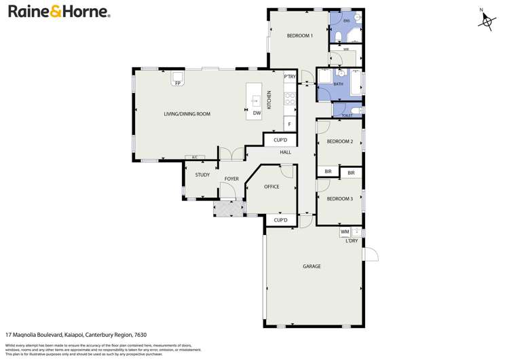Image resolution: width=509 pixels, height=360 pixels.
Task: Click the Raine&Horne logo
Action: pos(59,12)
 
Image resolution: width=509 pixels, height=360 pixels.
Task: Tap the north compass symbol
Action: pos(486,22)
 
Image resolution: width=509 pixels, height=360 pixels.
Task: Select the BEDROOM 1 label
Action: pos(299,36)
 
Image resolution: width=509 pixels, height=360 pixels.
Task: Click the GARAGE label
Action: pos(312,266)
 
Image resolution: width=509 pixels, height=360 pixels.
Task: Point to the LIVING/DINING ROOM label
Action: pos(187,114)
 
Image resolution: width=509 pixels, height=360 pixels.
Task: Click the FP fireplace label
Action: pos(178,83)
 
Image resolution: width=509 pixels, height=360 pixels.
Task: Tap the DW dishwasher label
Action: pos(257,113)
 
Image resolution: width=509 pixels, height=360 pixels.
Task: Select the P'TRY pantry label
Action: pos(290,77)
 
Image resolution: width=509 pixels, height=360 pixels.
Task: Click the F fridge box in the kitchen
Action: pos(290,124)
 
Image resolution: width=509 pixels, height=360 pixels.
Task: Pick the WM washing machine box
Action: pos(345,232)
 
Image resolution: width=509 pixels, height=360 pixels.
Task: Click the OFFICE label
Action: pos(271,186)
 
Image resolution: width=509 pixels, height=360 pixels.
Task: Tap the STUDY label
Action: pos(202,175)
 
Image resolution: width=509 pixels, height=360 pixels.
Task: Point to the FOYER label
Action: pos(232,179)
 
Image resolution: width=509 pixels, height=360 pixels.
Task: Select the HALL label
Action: pos(286,152)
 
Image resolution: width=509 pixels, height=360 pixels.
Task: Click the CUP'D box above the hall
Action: pos(280,140)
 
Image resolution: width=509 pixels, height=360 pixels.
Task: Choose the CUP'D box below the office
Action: pos(281,220)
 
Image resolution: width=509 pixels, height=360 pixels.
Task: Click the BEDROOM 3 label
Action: pos(339,199)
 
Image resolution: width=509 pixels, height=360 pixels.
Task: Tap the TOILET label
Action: pos(347,115)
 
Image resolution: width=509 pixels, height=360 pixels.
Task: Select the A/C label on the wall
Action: pos(194,158)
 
